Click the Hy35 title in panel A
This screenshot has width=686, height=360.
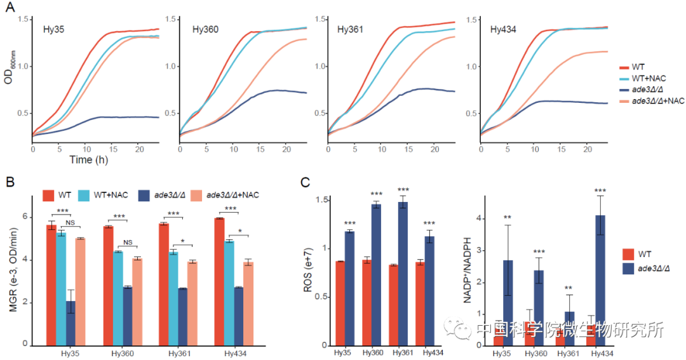point(53,29)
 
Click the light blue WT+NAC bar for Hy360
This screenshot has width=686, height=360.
point(118,298)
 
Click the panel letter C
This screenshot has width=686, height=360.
point(305,183)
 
